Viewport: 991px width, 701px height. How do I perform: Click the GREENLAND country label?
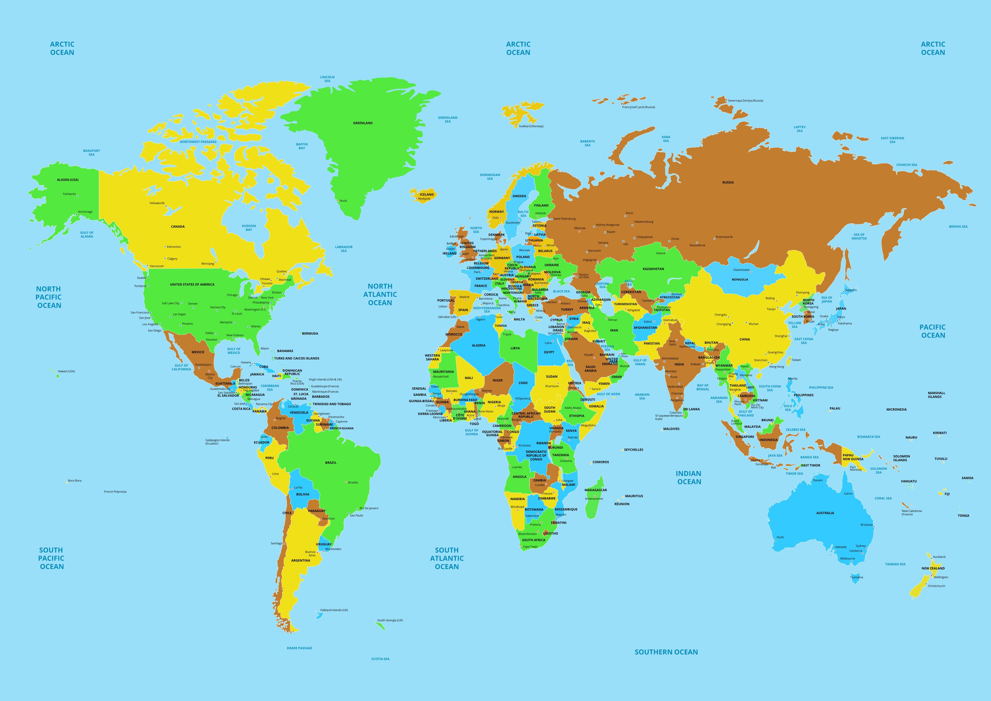363,123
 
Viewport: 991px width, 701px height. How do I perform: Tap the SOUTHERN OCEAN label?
666,652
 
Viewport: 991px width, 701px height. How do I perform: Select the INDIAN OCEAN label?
689,477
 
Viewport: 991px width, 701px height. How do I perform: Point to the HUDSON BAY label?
249,228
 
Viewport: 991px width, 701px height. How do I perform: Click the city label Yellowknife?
157,203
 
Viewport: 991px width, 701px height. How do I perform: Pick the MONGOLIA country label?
740,280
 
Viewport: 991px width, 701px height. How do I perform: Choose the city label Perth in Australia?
780,537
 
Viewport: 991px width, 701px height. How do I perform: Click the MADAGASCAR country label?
596,490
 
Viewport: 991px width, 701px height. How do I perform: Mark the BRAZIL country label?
331,463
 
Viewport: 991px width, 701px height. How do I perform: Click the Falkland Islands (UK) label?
334,610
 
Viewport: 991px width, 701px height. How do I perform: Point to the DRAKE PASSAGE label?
299,648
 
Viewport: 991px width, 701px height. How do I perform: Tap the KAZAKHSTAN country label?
653,269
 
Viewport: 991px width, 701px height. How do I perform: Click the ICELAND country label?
426,194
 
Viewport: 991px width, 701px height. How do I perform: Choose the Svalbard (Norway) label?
531,126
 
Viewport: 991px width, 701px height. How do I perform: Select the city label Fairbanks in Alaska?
69,194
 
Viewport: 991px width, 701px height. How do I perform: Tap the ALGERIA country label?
478,345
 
